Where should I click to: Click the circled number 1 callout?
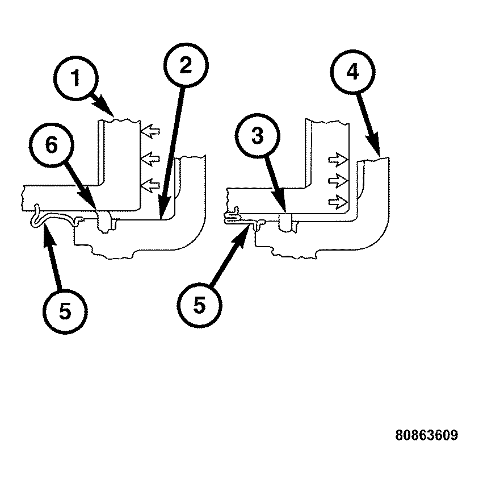click(75, 78)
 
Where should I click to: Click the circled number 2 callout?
click(186, 65)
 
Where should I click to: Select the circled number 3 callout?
click(258, 136)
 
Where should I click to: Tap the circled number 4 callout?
click(352, 72)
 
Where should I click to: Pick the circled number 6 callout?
click(52, 145)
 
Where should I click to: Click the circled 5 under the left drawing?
click(65, 311)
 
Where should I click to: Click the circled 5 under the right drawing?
click(199, 305)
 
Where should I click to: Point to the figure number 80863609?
click(426, 435)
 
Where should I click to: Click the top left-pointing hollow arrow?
click(150, 131)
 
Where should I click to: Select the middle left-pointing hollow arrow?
click(150, 159)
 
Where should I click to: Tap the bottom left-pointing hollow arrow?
click(150, 186)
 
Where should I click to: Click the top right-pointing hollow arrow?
click(338, 160)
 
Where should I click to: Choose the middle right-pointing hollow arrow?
click(338, 181)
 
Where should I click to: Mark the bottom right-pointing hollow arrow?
click(338, 202)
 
